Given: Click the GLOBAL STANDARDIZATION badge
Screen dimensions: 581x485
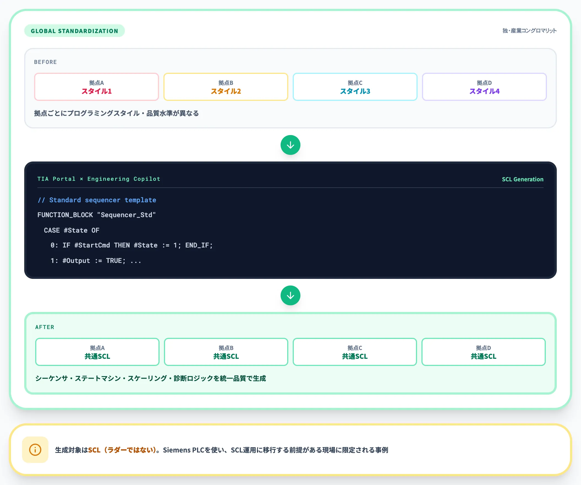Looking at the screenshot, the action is coord(75,31).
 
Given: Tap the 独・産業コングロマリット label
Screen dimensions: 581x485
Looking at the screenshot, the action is coord(529,31).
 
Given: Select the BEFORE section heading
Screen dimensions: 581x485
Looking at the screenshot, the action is coord(45,62).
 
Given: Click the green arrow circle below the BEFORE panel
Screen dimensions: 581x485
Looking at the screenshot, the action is coord(290,145).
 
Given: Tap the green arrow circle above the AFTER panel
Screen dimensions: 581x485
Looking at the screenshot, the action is coord(290,295).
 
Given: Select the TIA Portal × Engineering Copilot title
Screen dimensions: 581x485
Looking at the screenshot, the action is coord(99,179).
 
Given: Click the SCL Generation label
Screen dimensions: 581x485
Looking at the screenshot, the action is coord(523,179).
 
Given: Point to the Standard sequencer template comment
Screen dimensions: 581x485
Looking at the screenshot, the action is coord(97,200).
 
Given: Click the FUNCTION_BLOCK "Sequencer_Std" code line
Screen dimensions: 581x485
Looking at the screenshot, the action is coord(97,215).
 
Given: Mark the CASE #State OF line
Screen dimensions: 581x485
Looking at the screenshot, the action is coord(71,230).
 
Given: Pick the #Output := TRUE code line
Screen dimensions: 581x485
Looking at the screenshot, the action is coord(96,261).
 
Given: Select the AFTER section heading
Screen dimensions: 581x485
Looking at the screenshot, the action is coord(45,327).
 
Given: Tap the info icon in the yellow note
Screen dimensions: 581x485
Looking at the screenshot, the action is coord(35,450).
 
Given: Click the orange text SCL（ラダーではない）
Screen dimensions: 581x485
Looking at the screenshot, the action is coord(122,450).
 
